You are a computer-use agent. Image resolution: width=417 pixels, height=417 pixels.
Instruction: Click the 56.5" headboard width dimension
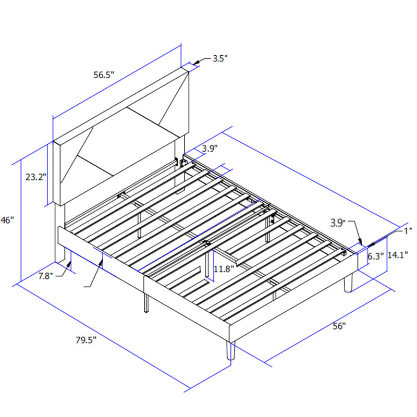[x=104, y=75]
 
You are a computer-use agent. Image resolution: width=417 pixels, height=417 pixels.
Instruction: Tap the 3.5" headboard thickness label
[x=220, y=58]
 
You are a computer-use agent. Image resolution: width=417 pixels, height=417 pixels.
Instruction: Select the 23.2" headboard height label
[x=36, y=177]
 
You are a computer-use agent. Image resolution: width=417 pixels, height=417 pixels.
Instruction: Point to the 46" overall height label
[x=7, y=220]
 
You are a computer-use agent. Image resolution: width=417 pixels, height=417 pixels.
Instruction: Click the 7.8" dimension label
[x=46, y=276]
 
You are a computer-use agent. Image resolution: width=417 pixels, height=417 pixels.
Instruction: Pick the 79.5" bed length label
[x=86, y=340]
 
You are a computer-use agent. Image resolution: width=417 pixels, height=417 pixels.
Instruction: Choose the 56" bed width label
[x=339, y=326]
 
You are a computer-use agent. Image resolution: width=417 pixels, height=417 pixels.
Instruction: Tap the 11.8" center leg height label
[x=224, y=269]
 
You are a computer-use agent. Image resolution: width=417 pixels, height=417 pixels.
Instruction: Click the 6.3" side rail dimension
[x=375, y=256]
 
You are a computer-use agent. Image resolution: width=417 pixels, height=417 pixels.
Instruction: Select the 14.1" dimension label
[x=398, y=255]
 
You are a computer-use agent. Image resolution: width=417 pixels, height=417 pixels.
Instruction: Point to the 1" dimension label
[x=408, y=231]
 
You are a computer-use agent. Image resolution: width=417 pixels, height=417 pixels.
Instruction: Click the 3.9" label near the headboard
[x=210, y=149]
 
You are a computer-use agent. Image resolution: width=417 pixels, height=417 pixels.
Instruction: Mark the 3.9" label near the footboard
[x=338, y=223]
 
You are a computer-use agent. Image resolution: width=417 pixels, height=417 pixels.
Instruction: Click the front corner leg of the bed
[x=231, y=350]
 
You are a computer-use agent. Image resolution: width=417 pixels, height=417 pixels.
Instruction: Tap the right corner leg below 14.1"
[x=348, y=283]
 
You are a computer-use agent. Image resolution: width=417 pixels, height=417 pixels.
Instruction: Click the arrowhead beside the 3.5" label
[x=197, y=62]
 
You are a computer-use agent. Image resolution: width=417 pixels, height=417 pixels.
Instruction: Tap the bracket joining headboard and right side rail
[x=183, y=163]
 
